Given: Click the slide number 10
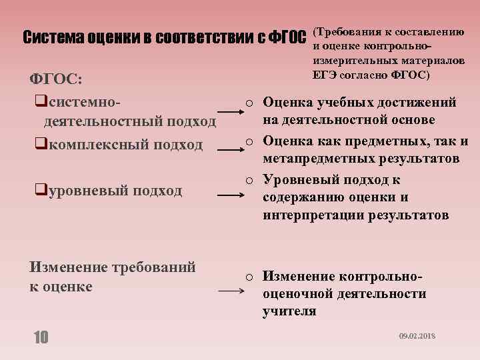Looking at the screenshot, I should pos(41,338).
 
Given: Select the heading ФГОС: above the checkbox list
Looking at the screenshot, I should pos(57,79).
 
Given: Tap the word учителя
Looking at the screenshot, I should pos(290,311).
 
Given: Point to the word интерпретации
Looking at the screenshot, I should pos(307,215).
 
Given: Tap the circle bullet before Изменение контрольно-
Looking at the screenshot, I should pos(248,277).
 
